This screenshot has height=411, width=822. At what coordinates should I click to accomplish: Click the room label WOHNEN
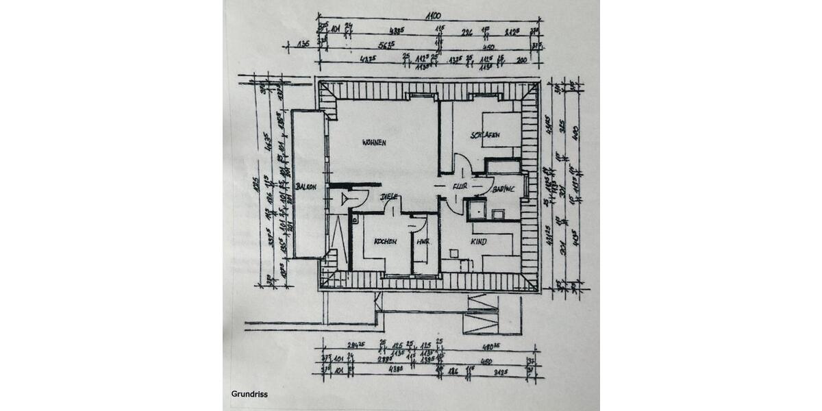pos(375,142)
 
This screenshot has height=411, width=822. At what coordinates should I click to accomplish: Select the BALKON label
pos(306,186)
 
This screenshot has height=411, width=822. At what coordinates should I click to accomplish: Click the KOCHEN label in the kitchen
pos(385,242)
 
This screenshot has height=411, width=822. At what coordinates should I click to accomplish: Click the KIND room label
pos(478,242)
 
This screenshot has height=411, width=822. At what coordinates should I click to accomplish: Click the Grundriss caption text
pos(249,394)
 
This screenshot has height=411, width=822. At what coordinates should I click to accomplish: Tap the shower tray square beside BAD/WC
pos(477,209)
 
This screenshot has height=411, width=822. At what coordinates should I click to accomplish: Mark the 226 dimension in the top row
pos(466,31)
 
